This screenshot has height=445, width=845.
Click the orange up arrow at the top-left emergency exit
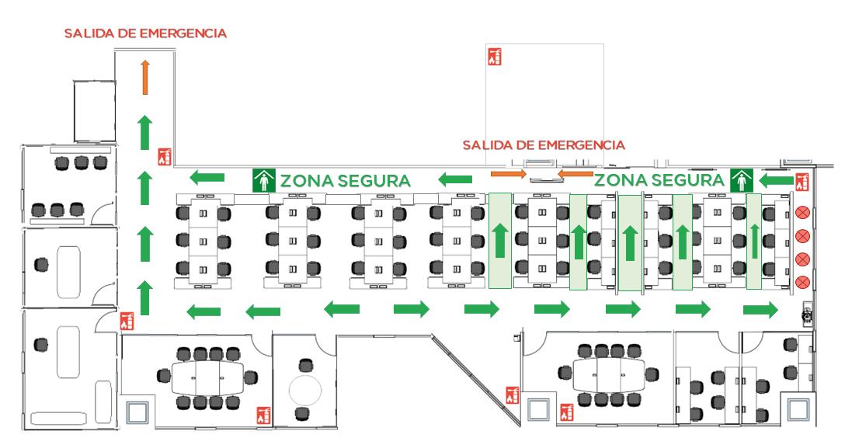tap(144, 78)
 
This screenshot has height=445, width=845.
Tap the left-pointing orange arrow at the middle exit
tap(576, 173)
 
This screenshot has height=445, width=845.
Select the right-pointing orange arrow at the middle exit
tap(508, 173)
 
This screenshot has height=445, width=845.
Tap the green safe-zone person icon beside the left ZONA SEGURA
tap(264, 180)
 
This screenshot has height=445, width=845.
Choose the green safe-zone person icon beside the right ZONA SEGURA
tap(742, 181)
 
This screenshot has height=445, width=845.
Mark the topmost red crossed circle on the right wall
tap(804, 211)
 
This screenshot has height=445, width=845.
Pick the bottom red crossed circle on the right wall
tap(804, 280)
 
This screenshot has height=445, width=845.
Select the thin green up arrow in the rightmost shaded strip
tap(753, 242)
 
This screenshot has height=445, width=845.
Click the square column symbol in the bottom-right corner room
tap(798, 409)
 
